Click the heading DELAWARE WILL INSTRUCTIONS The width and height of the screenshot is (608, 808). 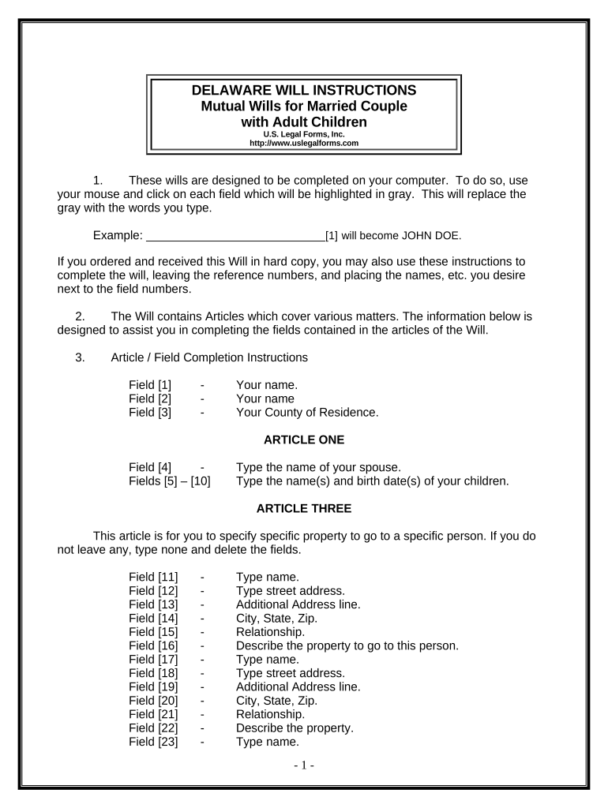[304, 90]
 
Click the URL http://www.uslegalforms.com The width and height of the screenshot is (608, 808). [304, 144]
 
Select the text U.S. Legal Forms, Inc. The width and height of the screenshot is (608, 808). [304, 135]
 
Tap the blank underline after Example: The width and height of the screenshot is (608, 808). [236, 235]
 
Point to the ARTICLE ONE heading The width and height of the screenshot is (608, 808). [304, 440]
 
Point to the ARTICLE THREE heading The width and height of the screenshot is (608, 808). [304, 508]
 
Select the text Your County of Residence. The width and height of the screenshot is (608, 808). [307, 412]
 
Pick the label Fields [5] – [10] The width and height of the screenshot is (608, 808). [169, 481]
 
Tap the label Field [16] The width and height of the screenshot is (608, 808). [153, 645]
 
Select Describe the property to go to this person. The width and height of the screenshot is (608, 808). [347, 645]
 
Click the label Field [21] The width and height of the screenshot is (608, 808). [153, 714]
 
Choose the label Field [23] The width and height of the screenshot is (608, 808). [153, 742]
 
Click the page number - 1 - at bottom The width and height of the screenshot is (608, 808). [304, 765]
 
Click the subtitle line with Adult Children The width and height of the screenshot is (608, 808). [304, 122]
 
